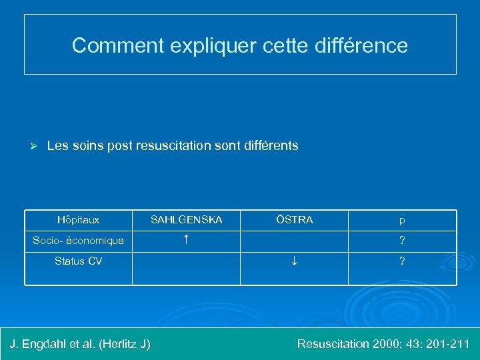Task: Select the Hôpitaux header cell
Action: tap(78, 220)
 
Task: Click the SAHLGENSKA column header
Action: tap(186, 220)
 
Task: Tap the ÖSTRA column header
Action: tap(294, 219)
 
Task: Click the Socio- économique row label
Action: tap(78, 241)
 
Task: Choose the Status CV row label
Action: tap(78, 261)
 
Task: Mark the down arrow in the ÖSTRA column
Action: tap(294, 261)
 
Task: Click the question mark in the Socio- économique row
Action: tap(402, 241)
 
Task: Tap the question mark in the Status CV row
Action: tap(402, 261)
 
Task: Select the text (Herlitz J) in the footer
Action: tap(124, 344)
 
